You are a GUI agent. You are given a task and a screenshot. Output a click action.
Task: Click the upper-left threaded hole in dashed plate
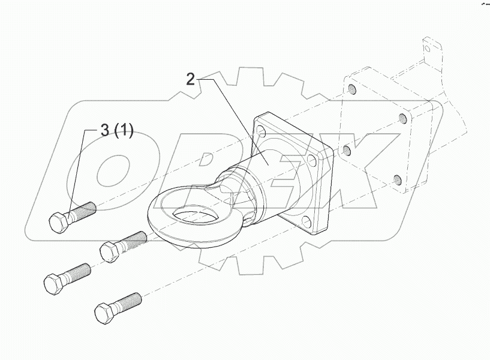pos(352,90)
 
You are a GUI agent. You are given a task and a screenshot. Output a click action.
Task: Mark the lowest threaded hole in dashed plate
pos(396,178)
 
